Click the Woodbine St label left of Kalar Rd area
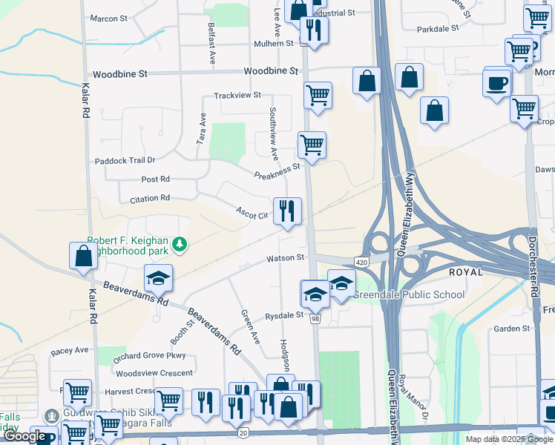[x=120, y=74]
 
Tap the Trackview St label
[x=237, y=96]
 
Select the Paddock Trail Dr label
[x=125, y=160]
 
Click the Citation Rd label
[x=150, y=199]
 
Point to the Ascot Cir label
[x=252, y=213]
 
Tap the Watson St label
[x=286, y=258]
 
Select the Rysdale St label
[x=284, y=315]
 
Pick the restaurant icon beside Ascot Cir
[x=287, y=211]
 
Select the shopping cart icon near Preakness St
[x=312, y=145]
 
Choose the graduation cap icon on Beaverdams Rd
[x=158, y=279]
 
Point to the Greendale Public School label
[x=409, y=294]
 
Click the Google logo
[x=24, y=436]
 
